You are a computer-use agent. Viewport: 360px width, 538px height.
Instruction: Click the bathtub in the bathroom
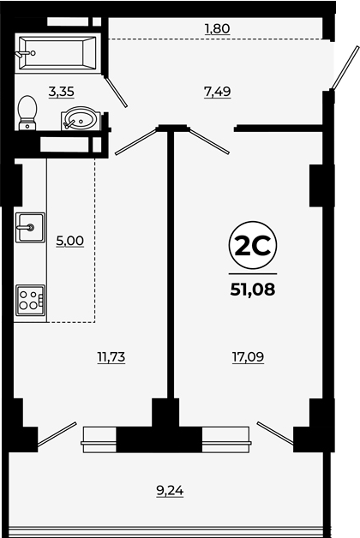tap(57, 53)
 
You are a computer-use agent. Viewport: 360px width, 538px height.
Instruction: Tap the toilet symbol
tap(27, 112)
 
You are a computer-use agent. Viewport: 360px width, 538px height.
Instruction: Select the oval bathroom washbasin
tap(80, 118)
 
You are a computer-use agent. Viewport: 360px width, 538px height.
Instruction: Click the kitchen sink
tap(30, 227)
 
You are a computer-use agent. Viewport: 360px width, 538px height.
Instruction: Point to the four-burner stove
tap(30, 300)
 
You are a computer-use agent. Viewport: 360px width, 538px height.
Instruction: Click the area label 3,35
tap(62, 92)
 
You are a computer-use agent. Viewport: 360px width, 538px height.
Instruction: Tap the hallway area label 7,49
tap(217, 92)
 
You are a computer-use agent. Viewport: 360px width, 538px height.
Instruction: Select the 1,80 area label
tap(217, 28)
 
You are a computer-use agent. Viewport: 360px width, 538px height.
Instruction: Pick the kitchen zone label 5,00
tap(70, 241)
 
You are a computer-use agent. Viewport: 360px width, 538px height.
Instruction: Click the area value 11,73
tap(111, 357)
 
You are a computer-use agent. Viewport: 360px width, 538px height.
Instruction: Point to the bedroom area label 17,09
tap(248, 357)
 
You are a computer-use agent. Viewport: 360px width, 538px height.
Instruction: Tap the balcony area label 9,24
tap(170, 491)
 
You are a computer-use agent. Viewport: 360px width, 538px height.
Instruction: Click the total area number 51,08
tap(253, 290)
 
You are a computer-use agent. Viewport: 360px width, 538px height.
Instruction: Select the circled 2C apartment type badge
tap(253, 246)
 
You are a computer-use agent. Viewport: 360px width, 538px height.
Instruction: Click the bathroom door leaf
tap(116, 91)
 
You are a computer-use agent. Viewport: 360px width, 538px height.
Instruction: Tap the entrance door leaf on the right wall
tap(345, 67)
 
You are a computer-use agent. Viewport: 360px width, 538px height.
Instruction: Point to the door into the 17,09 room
tap(209, 141)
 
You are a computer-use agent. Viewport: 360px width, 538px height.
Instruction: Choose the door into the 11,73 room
tap(136, 141)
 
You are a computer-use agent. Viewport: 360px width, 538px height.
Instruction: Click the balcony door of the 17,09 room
tap(276, 433)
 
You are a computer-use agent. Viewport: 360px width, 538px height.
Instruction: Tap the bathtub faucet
tap(25, 53)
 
